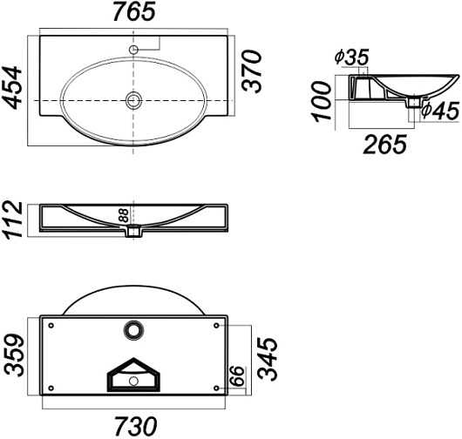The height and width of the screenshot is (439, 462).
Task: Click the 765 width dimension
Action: tap(134, 12)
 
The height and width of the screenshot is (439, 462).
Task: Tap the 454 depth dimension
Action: tap(12, 87)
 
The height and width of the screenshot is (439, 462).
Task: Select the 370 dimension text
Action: tap(251, 71)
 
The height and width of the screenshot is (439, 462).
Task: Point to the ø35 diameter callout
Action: tap(351, 57)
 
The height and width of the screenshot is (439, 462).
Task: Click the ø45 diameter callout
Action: tap(440, 111)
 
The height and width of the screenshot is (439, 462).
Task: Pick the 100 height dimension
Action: tap(321, 102)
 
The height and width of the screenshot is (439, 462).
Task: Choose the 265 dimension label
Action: tap(384, 145)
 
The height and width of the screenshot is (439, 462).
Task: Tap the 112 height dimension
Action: tap(13, 219)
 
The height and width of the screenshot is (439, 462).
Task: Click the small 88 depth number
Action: tap(124, 215)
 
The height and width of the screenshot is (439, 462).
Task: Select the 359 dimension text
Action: tap(15, 355)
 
